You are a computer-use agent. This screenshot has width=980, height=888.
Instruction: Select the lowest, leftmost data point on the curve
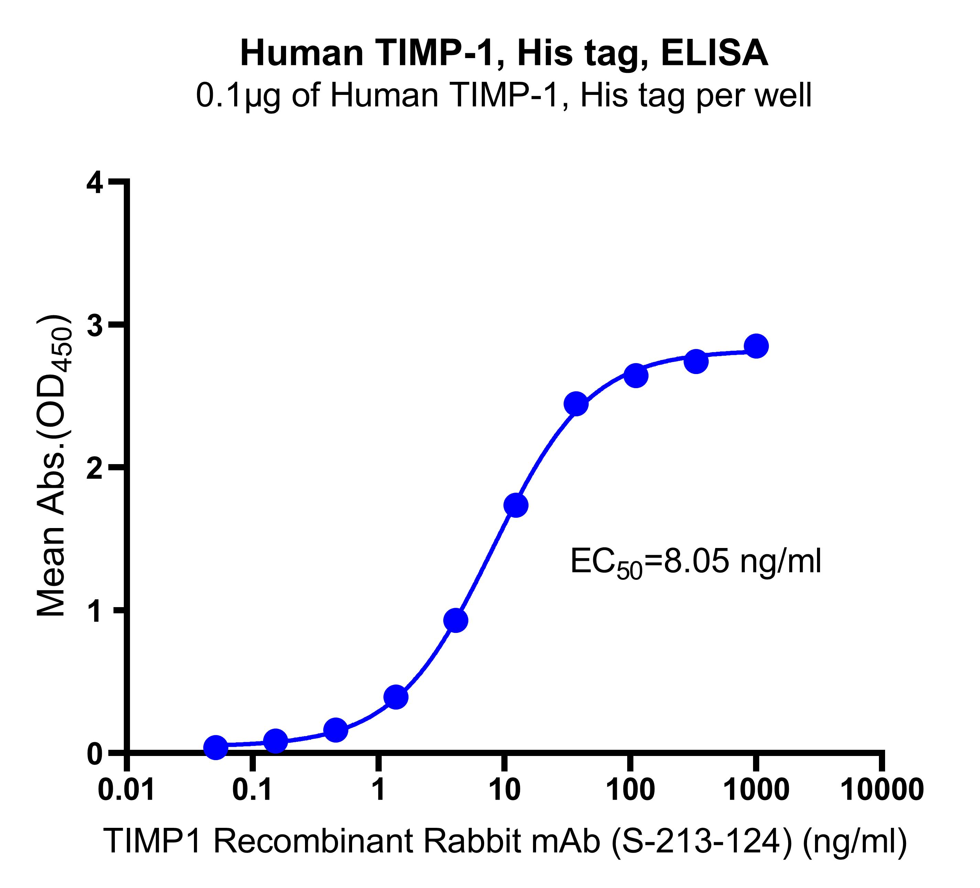click(215, 747)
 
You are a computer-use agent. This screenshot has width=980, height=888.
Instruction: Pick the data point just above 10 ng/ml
click(516, 505)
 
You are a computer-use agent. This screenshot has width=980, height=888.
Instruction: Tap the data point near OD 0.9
click(456, 621)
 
